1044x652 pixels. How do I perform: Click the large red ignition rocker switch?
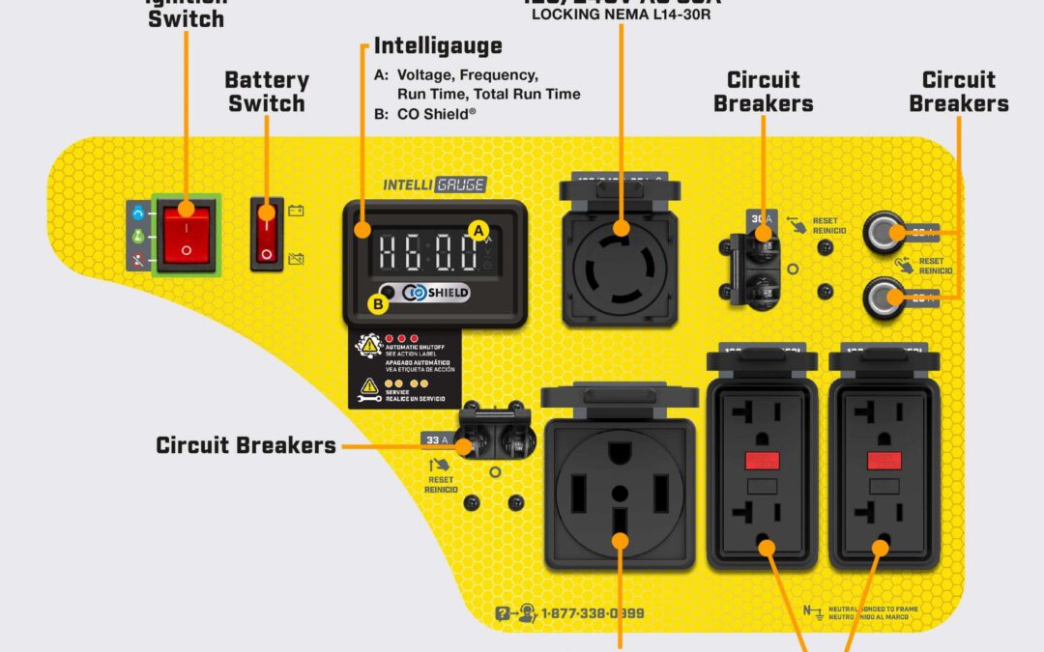187,234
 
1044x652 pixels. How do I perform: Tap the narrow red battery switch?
267,233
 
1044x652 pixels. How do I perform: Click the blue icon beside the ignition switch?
138,211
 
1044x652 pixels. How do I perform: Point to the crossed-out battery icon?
296,258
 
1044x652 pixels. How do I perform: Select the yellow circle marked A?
477,229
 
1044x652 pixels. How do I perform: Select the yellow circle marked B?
378,303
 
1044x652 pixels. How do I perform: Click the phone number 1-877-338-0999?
592,613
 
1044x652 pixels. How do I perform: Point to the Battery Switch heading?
267,92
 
